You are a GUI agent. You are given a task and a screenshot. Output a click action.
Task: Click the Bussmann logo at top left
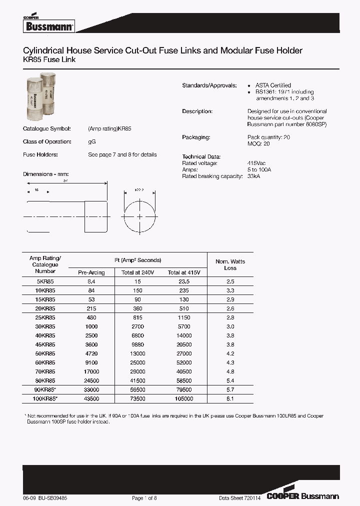pos(48,25)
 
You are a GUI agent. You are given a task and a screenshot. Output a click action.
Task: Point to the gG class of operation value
pos(92,141)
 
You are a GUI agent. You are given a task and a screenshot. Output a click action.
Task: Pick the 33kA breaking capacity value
pos(254,176)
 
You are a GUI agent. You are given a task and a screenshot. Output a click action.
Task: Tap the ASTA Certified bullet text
pos(273,85)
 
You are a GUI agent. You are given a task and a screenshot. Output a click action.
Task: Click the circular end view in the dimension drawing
pos(139,216)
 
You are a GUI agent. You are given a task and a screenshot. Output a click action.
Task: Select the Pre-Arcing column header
pos(91,272)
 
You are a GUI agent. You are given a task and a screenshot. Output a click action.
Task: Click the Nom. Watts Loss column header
pos(230,264)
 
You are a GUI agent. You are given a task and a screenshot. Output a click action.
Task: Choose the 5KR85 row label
pos(45,281)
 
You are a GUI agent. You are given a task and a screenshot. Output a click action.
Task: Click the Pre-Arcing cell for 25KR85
pos(91,317)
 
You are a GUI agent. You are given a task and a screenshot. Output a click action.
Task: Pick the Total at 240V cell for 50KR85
pos(135,353)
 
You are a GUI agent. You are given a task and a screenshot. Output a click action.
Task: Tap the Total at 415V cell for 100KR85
pos(183,398)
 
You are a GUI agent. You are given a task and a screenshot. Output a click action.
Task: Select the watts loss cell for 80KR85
pos(230,380)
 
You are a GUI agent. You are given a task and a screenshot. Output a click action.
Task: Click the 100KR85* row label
pos(45,398)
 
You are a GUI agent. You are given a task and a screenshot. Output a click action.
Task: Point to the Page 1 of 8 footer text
pos(144,498)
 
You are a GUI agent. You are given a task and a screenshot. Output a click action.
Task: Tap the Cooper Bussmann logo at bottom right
pos(302,496)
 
